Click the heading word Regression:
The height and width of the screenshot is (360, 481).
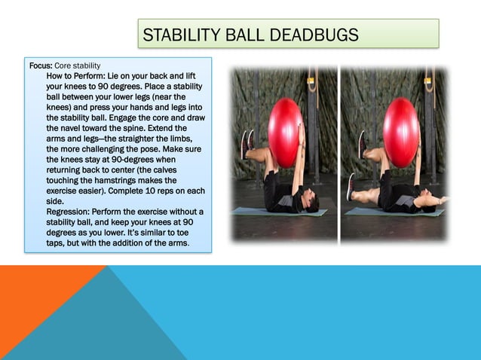tap(69, 212)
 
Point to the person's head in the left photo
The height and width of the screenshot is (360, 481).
tap(309, 202)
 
